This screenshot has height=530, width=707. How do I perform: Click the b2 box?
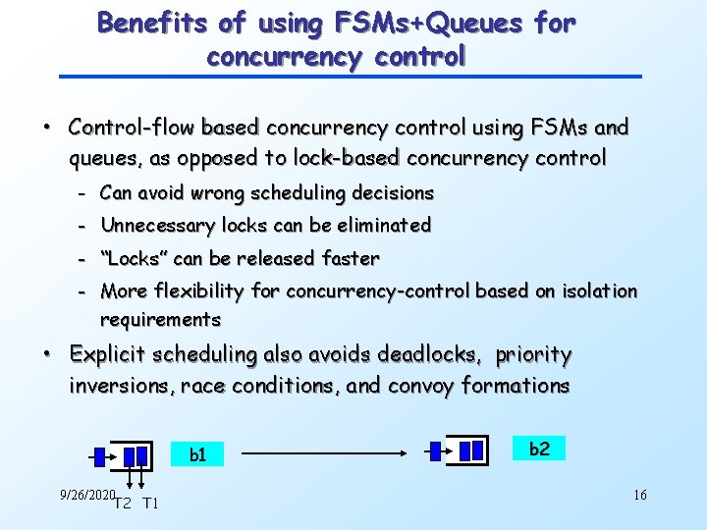[x=539, y=449]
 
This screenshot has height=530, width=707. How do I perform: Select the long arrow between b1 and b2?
[x=324, y=454]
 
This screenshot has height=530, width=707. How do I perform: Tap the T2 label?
[x=123, y=504]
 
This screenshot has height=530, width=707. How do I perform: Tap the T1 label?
[x=150, y=504]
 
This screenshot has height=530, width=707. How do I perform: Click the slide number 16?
[x=639, y=495]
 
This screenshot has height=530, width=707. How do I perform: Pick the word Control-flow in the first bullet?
[x=125, y=128]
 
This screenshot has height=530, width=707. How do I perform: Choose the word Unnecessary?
[x=157, y=226]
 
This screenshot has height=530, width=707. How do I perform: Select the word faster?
[x=351, y=258]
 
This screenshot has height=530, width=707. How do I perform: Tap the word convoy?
[x=420, y=386]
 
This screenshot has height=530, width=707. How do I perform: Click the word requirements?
[x=160, y=320]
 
